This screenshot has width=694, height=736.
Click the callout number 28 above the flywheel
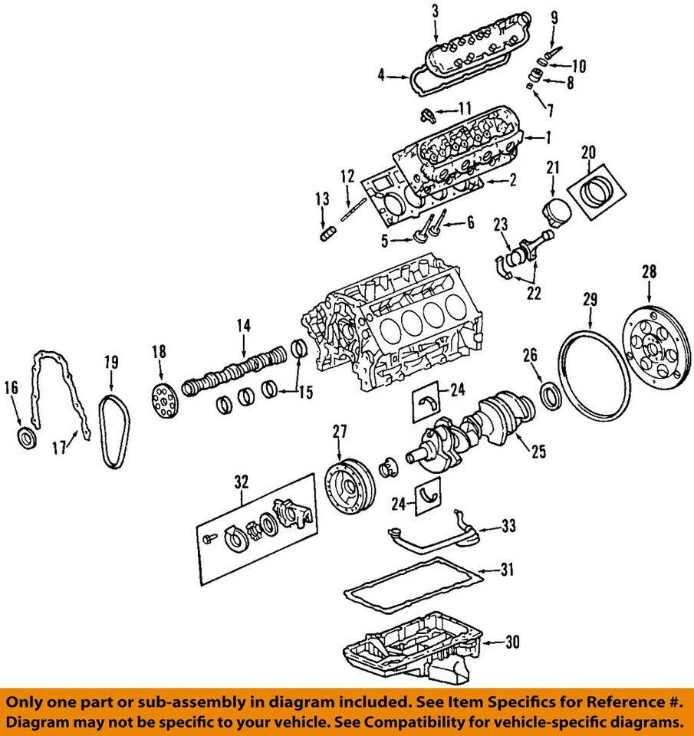tap(650, 272)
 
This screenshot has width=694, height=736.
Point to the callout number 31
tap(508, 570)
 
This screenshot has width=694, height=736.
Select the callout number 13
tap(322, 200)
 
